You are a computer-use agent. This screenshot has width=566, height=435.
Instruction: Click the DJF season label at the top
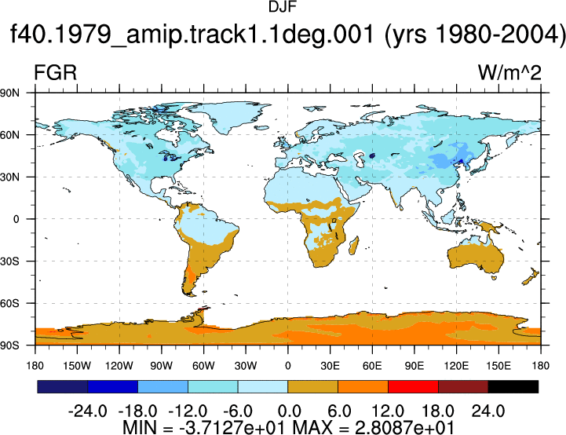[283, 7]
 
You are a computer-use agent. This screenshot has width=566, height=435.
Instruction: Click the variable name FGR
[55, 72]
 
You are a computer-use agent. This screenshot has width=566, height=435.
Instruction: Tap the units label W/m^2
[509, 73]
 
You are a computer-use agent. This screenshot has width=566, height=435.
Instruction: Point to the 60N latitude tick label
[9, 135]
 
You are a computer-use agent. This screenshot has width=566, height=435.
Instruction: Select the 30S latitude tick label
[9, 261]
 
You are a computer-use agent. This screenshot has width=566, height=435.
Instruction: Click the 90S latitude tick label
[9, 345]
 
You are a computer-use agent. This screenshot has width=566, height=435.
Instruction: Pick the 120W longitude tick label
[119, 366]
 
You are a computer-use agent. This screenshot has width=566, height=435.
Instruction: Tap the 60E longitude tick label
[372, 366]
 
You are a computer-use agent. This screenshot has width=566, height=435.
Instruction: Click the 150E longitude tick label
[498, 366]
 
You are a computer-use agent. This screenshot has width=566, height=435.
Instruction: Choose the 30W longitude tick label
[246, 366]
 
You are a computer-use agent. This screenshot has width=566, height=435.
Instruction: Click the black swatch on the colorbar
[513, 386]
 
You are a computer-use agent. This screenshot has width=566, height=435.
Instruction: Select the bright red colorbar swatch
[413, 386]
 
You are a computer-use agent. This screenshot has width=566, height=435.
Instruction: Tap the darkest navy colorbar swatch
[63, 386]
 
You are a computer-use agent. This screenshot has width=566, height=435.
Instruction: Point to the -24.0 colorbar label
[87, 411]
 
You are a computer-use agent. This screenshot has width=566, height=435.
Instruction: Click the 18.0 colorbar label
[438, 411]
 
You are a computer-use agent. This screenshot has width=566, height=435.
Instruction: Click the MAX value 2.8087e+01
[404, 427]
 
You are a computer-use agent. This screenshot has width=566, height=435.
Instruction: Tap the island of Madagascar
[354, 246]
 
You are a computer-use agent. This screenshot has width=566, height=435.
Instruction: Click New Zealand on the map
[531, 276]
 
